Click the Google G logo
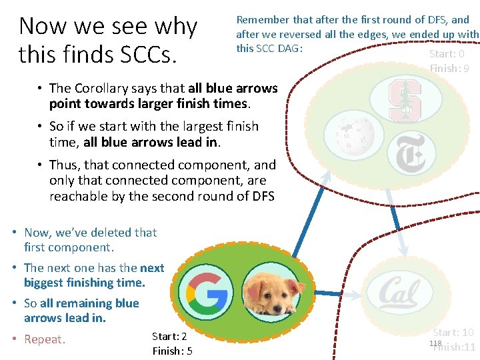(x=207, y=292)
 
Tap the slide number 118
(x=435, y=343)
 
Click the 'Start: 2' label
(x=169, y=337)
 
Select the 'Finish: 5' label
(x=172, y=351)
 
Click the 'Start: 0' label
(x=447, y=54)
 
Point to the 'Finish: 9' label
(x=449, y=68)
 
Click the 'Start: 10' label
(x=453, y=332)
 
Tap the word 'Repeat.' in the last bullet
(x=45, y=339)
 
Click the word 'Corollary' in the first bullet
(x=103, y=88)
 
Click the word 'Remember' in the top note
(x=262, y=20)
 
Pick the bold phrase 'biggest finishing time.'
(x=84, y=283)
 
